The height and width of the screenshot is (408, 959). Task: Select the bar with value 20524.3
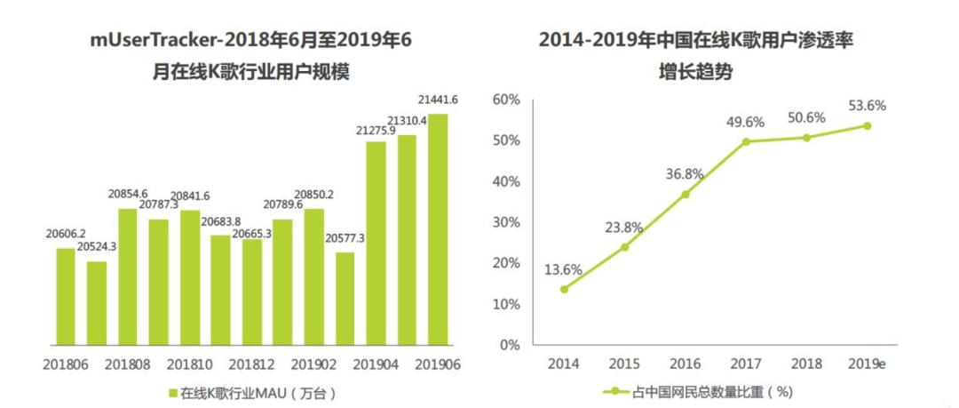pos(97,302)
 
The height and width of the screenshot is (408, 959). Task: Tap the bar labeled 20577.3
pos(345,298)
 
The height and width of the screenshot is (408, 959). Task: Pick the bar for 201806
pos(66,296)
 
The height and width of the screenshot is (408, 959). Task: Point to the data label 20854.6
pos(128,195)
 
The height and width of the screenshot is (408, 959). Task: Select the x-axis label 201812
pos(251,364)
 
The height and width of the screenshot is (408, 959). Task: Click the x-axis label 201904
pos(376,364)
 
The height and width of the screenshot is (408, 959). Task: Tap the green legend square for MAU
pos(172,392)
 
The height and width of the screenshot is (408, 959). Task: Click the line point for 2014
pos(564,289)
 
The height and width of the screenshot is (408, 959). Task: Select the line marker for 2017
pos(746,141)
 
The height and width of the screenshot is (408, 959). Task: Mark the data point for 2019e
pos(868,125)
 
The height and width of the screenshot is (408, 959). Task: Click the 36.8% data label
pos(684,174)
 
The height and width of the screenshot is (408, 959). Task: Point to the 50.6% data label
pos(805,117)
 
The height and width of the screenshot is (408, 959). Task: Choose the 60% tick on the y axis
pos(505,100)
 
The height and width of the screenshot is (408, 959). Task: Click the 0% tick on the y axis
pos(509,345)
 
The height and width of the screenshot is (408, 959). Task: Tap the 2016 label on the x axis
pos(685,364)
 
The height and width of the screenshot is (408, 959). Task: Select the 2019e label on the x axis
pos(868,364)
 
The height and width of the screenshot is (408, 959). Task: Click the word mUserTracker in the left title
pos(150,40)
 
